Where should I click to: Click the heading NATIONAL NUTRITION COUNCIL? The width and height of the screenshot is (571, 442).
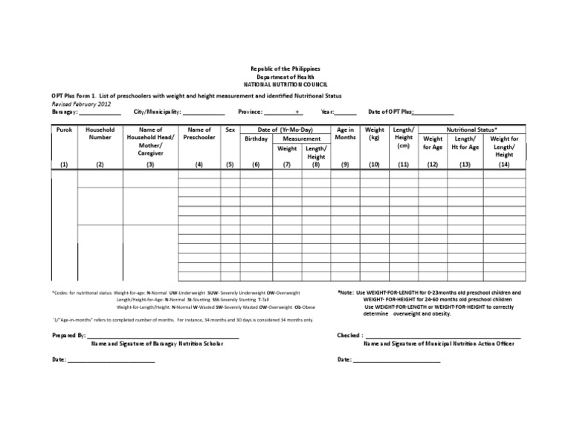point(285,86)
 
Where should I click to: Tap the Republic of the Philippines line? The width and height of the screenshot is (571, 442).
point(285,68)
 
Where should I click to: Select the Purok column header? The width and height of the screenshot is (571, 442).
point(64,129)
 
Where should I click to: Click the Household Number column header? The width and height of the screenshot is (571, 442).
point(100,133)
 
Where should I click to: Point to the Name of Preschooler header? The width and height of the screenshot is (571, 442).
point(199,133)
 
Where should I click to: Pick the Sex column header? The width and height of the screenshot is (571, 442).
point(230,129)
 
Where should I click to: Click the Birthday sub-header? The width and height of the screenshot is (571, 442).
point(256,139)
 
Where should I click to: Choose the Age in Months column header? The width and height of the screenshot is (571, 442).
point(345,133)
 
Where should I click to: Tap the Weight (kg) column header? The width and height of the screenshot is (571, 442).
point(375,133)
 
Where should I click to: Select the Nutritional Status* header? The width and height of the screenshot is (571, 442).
point(472,129)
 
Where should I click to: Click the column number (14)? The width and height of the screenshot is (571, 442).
point(504,164)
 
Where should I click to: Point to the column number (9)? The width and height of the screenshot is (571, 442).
point(345,164)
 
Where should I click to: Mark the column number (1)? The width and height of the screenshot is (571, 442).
point(64,164)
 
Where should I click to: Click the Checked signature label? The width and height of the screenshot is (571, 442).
point(350,336)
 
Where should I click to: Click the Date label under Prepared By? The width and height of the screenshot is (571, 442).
point(59,359)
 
